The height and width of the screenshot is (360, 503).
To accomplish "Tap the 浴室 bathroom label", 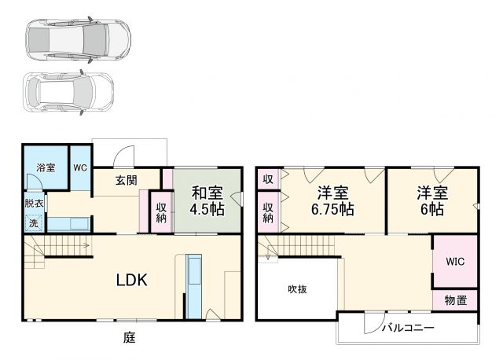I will tap(46, 167).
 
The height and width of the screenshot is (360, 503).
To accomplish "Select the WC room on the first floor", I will tap(81, 167).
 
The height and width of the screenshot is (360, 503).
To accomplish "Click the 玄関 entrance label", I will tap(127, 180).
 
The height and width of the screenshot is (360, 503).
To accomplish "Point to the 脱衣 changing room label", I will tap(33, 203).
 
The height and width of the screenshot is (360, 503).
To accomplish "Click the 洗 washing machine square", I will tap(33, 222).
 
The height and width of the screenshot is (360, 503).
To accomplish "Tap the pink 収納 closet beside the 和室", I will tap(161, 211).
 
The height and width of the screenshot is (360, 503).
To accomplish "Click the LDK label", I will tap(133, 280).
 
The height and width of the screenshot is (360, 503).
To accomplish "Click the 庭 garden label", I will tap(130, 339).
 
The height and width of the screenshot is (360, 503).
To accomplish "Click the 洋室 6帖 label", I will tap(431, 200).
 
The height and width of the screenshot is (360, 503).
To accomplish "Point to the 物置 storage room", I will tap(454, 299).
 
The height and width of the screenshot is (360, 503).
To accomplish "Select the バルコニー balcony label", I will tap(409, 327).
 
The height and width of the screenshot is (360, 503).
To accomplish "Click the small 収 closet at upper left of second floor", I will tap(267, 179).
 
